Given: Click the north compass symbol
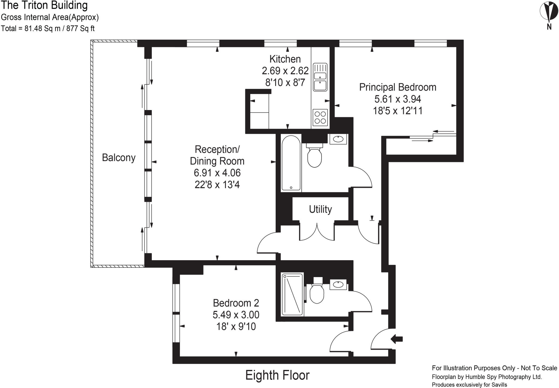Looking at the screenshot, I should (549, 12).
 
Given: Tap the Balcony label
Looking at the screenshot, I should (118, 158).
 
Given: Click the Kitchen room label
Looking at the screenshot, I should (285, 59).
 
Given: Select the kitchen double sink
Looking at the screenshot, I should (320, 77).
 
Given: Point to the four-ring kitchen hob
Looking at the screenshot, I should (320, 117).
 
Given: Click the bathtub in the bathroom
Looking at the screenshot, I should (291, 163).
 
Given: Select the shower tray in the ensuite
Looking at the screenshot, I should (292, 294).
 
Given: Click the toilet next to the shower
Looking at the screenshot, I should (317, 294).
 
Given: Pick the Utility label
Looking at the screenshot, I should (320, 209).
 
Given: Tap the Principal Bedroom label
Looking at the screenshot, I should (397, 87).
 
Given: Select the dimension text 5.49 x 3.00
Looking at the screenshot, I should (236, 315).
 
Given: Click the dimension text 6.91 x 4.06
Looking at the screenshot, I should (217, 173).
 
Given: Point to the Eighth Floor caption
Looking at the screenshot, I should (277, 375).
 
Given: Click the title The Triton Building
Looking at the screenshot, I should (44, 5).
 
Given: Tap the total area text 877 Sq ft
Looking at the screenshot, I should (80, 28).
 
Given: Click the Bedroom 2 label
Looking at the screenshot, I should (236, 303).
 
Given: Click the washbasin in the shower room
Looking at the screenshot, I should (338, 285).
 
